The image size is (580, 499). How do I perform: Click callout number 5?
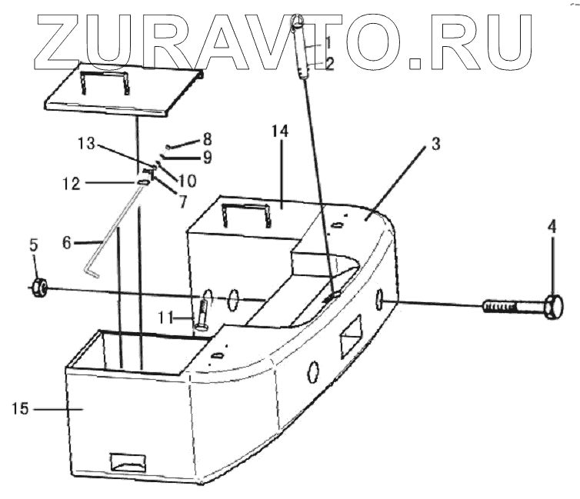[34, 246]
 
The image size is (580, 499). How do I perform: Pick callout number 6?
[66, 242]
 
